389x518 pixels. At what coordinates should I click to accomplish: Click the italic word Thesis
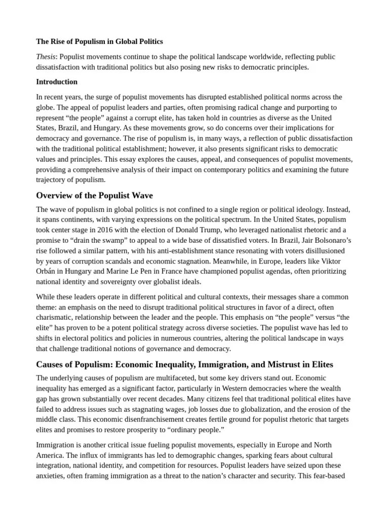click(46, 57)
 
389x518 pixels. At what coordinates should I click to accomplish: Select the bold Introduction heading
click(57, 81)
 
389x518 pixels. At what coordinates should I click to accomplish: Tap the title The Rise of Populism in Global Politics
click(99, 41)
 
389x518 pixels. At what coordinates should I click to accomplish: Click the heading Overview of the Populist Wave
click(94, 196)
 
